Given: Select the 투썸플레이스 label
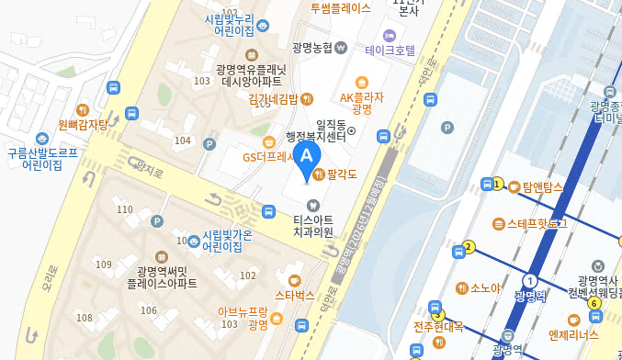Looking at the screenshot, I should pyautogui.click(x=340, y=8).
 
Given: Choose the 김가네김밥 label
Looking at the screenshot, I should pyautogui.click(x=273, y=98).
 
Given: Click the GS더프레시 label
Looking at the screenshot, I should pyautogui.click(x=267, y=156).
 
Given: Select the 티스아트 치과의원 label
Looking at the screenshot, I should pyautogui.click(x=312, y=227).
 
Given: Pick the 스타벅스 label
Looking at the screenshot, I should pyautogui.click(x=294, y=296).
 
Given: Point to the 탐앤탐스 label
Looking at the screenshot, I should pyautogui.click(x=541, y=186).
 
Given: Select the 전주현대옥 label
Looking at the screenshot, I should pyautogui.click(x=438, y=327).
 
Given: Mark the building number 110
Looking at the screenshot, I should pyautogui.click(x=126, y=210).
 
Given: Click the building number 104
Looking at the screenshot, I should pyautogui.click(x=183, y=141).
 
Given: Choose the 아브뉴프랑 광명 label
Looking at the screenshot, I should pyautogui.click(x=243, y=318).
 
